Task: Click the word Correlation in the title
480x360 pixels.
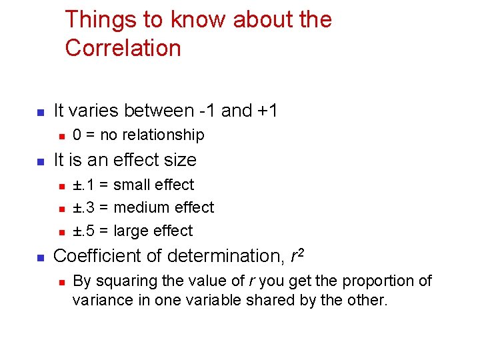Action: pyautogui.click(x=123, y=48)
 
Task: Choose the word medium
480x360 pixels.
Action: pyautogui.click(x=141, y=207)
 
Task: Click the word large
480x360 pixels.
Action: pyautogui.click(x=130, y=231)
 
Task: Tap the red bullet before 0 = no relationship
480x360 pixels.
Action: pyautogui.click(x=60, y=136)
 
